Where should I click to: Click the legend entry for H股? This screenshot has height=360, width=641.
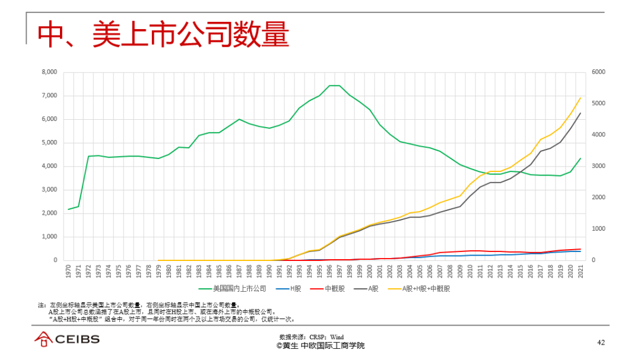294,289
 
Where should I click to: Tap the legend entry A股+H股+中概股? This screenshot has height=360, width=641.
425,289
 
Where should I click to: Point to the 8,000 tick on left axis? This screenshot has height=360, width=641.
49,72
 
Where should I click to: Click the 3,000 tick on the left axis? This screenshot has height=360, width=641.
49,190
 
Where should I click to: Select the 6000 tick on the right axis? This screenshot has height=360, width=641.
598,72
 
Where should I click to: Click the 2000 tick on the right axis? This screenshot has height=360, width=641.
598,197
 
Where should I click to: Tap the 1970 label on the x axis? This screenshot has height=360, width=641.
69,272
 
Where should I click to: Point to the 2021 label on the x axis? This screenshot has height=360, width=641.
580,272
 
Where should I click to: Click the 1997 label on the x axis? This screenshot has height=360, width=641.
339,272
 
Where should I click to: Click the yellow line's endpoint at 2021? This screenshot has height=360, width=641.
580,98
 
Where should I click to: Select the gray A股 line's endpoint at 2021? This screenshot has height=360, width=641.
580,113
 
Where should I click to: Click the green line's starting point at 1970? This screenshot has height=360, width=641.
69,209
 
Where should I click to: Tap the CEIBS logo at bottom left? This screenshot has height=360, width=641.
66,339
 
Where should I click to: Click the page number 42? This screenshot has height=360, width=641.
600,342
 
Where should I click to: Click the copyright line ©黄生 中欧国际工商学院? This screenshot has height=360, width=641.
320,345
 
